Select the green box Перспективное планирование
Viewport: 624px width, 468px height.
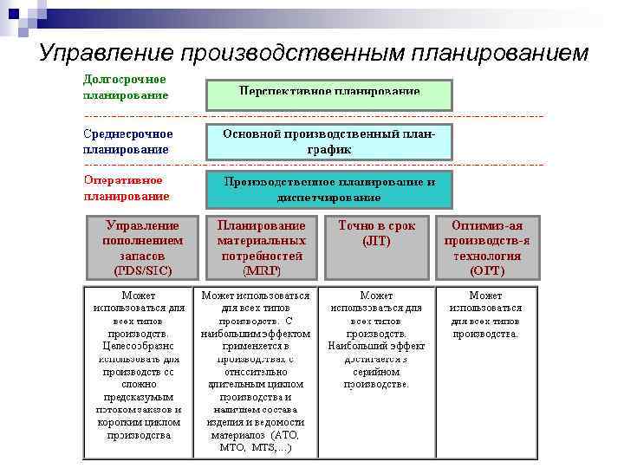[328, 94]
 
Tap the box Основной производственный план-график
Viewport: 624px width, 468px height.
[328, 143]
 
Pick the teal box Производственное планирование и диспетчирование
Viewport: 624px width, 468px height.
[328, 190]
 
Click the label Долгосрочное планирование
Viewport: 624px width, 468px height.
[125, 88]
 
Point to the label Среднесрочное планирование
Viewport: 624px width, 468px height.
[127, 141]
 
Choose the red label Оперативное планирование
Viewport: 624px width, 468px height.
[126, 188]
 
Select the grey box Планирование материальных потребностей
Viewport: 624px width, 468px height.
[261, 248]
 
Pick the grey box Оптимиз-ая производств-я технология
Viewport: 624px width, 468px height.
[487, 248]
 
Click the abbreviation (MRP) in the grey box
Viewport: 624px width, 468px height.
[261, 271]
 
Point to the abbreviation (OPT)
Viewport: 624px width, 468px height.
[487, 271]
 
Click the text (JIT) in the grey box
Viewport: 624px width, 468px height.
[376, 241]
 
